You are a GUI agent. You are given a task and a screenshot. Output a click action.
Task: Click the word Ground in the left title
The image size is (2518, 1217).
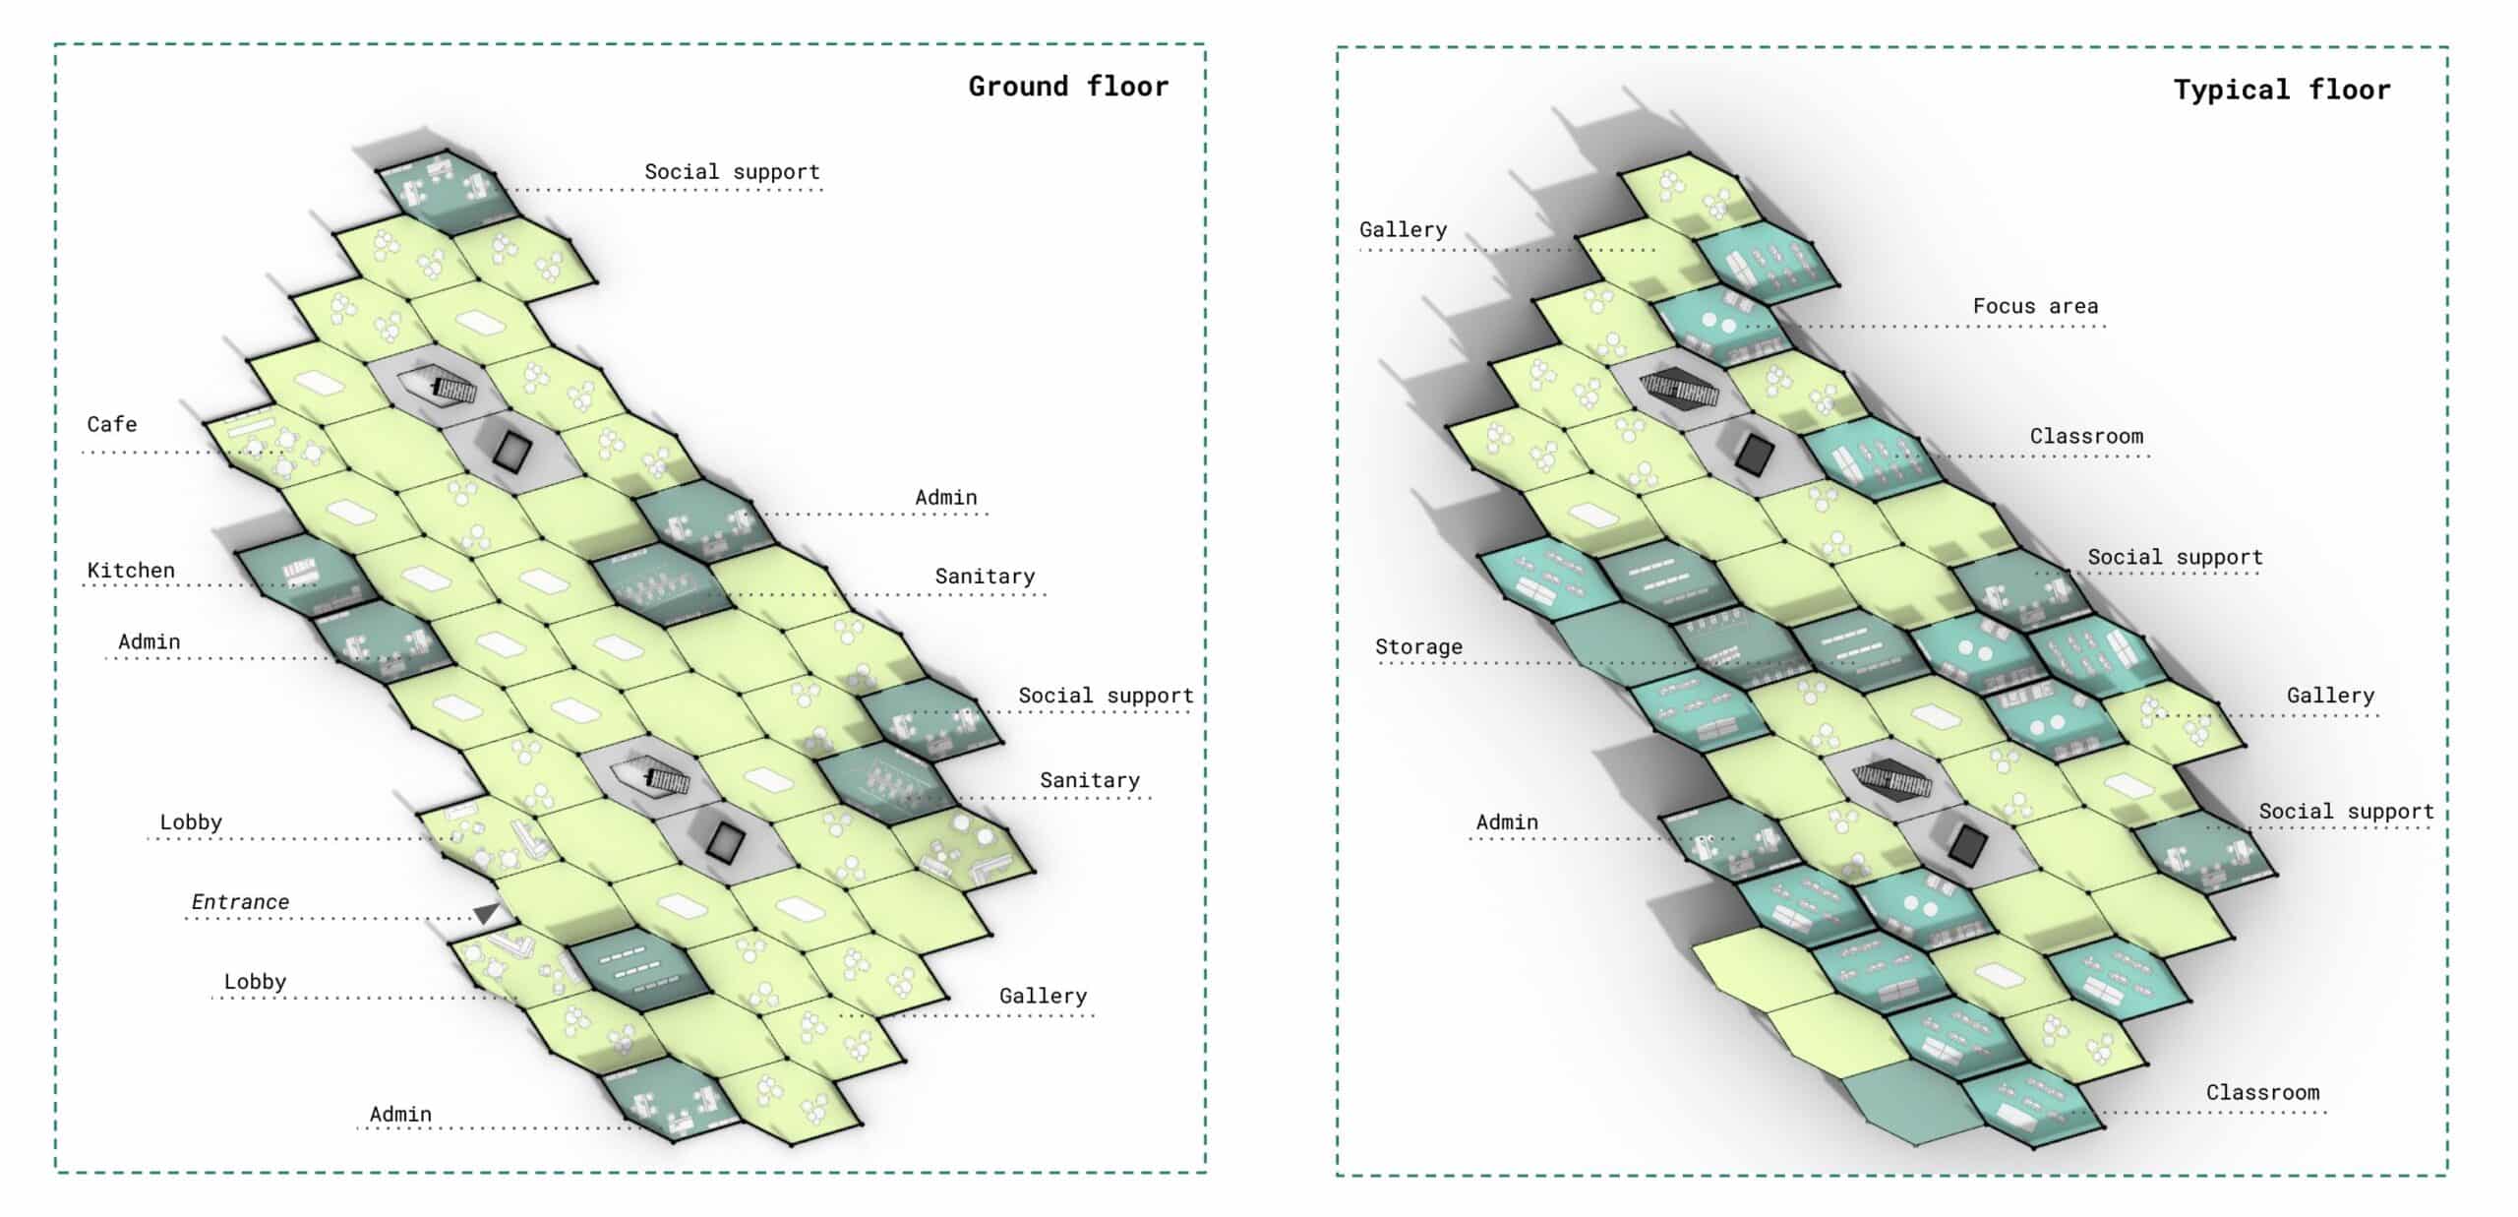click(1018, 87)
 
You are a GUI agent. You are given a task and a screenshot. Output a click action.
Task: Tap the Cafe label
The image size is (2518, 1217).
click(112, 424)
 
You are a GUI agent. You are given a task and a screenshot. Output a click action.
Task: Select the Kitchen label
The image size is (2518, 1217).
click(131, 571)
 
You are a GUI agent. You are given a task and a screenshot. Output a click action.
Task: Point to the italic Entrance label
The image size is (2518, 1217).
click(240, 902)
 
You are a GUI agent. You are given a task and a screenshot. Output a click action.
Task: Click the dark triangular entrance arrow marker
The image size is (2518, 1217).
click(487, 913)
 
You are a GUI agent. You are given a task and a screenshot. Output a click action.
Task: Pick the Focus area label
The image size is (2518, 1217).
click(2035, 306)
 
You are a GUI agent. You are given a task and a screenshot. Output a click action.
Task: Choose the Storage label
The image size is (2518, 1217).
click(1418, 646)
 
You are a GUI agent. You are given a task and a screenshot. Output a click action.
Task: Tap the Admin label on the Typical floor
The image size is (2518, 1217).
click(1507, 821)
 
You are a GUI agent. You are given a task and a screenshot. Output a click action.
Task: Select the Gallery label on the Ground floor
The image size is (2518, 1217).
click(1043, 996)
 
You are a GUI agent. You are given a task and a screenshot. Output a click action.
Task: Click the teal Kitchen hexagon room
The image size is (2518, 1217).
click(300, 573)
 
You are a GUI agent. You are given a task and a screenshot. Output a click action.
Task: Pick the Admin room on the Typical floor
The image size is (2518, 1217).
click(1726, 844)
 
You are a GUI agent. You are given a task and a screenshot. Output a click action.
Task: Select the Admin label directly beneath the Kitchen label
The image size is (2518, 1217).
click(150, 641)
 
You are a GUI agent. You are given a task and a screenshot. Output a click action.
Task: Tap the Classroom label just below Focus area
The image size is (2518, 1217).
click(2086, 436)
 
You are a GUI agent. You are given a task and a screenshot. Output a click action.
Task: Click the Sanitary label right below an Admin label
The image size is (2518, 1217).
click(985, 576)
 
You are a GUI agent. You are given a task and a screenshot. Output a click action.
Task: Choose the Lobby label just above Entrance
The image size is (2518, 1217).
click(191, 821)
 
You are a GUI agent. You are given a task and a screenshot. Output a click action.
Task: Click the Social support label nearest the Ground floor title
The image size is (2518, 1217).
click(732, 171)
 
